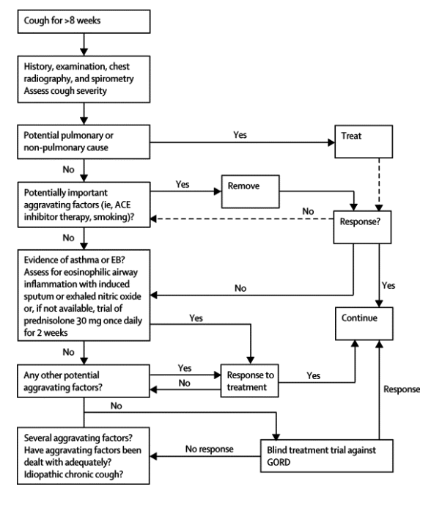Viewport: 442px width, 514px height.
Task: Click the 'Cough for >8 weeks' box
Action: tap(84, 21)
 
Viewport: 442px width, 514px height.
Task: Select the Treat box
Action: tap(364, 142)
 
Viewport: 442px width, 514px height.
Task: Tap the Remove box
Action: tap(251, 192)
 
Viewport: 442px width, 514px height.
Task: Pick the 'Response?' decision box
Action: tap(362, 227)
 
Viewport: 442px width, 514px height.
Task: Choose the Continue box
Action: tap(364, 323)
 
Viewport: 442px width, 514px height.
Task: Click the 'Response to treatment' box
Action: tap(250, 381)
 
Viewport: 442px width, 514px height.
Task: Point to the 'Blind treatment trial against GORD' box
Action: tap(327, 456)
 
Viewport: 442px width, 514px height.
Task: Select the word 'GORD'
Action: tap(279, 462)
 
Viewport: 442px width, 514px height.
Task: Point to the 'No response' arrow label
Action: tap(210, 449)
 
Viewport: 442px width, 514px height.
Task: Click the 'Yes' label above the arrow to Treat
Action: tap(240, 135)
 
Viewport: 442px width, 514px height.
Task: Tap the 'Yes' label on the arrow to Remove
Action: tap(183, 184)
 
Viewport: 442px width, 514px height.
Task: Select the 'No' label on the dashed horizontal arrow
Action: tap(308, 211)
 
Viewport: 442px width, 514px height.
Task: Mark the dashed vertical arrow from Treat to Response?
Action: tap(379, 185)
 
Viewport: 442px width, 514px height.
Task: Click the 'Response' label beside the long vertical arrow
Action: tap(402, 389)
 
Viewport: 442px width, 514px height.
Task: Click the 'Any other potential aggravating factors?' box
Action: tap(84, 381)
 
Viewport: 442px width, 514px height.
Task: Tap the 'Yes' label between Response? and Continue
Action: tap(388, 285)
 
